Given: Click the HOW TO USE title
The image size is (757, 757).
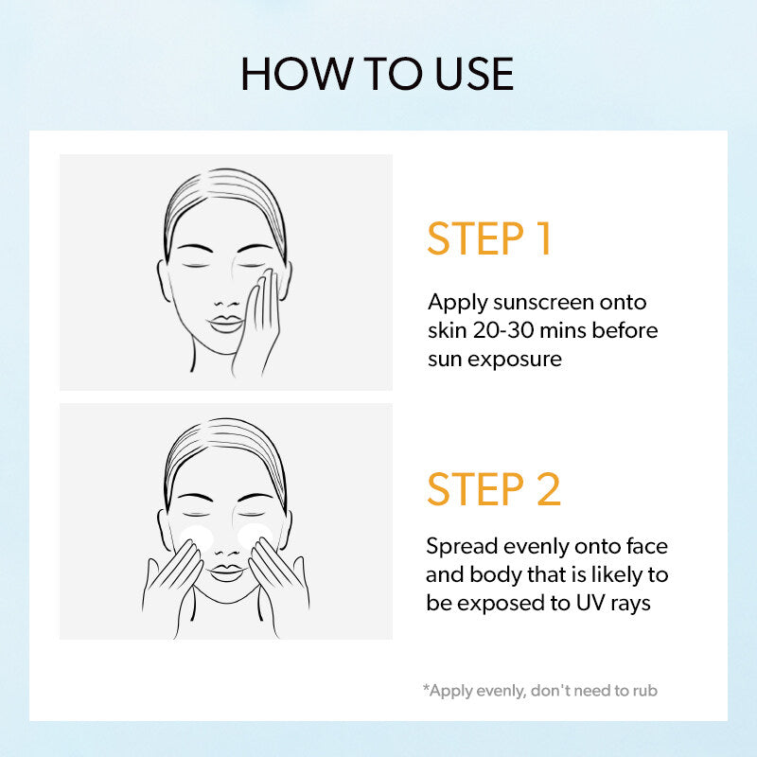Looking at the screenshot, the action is pyautogui.click(x=377, y=74).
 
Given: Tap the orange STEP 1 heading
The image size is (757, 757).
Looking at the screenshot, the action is pyautogui.click(x=489, y=238).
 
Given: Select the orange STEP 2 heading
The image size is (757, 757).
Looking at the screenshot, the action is pyautogui.click(x=494, y=488).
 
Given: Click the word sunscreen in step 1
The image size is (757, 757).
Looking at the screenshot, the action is pyautogui.click(x=543, y=303).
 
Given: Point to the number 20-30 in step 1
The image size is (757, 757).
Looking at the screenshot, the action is pyautogui.click(x=503, y=330).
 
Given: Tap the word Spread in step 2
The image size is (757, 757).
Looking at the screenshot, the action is pyautogui.click(x=462, y=548).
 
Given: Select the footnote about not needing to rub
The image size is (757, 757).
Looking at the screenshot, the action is pyautogui.click(x=540, y=691).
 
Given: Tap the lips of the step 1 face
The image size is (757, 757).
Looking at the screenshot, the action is pyautogui.click(x=225, y=324).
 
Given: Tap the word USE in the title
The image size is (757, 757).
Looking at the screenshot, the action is pyautogui.click(x=475, y=74).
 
